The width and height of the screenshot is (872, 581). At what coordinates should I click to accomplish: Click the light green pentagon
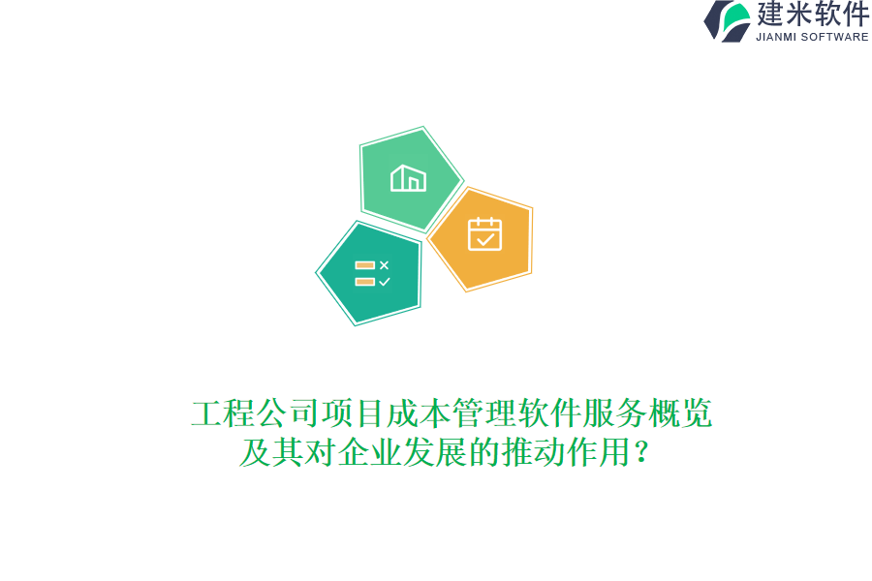tap(409, 179)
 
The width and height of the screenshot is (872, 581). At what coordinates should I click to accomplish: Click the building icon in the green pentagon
tap(408, 178)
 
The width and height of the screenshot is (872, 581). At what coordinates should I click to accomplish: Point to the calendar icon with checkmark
tap(485, 234)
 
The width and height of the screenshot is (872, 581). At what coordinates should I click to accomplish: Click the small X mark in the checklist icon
tap(385, 265)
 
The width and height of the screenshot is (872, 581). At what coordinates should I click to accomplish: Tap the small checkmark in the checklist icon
tap(385, 282)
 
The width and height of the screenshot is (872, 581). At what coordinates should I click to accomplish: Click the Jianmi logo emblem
tap(728, 21)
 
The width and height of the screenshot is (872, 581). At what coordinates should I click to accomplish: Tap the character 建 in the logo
tap(770, 14)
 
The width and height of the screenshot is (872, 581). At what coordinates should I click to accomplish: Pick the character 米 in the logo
tap(798, 14)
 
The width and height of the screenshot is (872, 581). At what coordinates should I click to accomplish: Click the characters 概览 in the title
tap(681, 413)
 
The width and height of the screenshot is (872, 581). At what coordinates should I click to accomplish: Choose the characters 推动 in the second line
tap(533, 452)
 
